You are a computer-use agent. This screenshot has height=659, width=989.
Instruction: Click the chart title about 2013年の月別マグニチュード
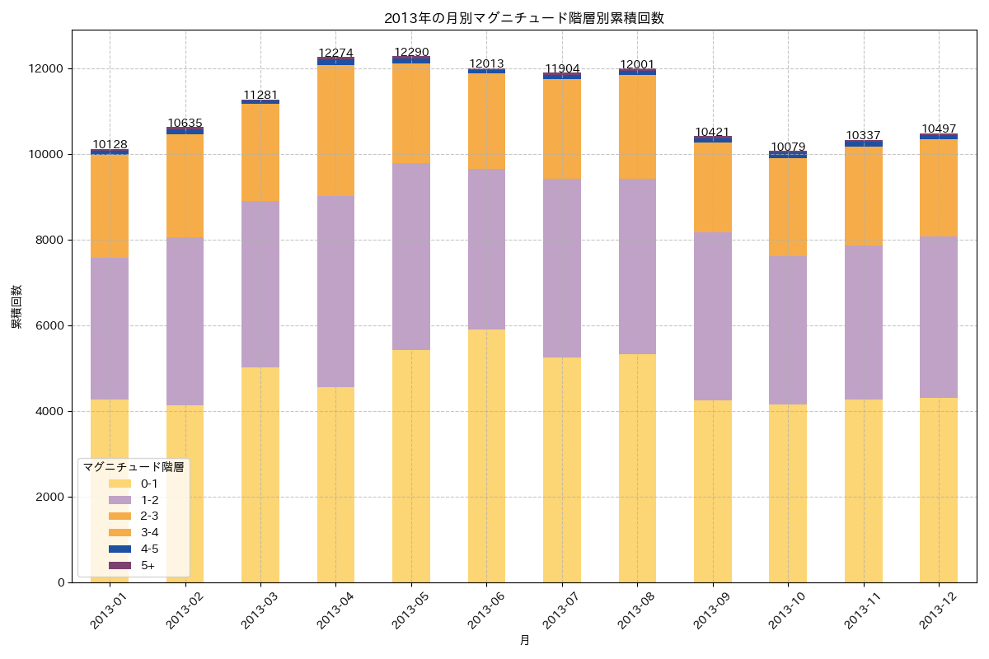(524, 18)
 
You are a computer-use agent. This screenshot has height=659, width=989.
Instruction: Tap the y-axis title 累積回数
(16, 307)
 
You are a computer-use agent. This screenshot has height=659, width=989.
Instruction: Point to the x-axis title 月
(524, 640)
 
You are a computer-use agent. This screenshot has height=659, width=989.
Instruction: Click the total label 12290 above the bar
(411, 53)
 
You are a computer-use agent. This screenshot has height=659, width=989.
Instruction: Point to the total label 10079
(788, 147)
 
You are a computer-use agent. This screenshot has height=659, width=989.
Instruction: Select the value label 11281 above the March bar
(260, 96)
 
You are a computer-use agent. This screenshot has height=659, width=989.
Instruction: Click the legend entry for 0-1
(149, 484)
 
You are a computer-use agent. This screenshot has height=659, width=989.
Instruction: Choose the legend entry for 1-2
(149, 500)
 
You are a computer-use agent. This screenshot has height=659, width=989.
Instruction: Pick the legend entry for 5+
(148, 565)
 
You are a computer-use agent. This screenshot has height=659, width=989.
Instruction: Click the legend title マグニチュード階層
(134, 466)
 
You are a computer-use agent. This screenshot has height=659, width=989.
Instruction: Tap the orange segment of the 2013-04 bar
(335, 130)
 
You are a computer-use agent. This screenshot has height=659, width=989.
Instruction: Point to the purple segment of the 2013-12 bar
(939, 317)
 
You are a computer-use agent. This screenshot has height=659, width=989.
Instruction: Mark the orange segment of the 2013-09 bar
(713, 187)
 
